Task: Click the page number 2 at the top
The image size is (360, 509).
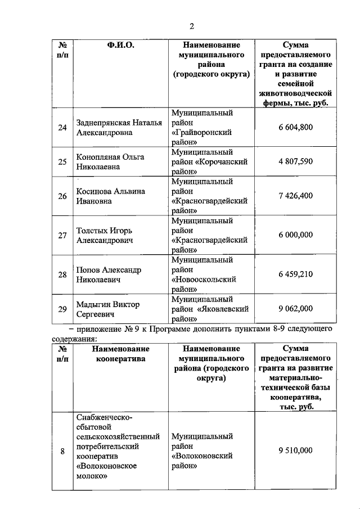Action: (191, 26)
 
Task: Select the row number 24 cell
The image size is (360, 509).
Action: (62, 128)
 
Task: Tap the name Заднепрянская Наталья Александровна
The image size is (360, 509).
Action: (119, 128)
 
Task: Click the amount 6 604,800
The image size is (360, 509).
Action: (295, 128)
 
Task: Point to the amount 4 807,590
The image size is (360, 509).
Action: (295, 162)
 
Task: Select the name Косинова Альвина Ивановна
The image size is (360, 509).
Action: (110, 196)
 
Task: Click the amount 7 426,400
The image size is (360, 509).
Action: (295, 196)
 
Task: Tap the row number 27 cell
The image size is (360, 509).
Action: (62, 235)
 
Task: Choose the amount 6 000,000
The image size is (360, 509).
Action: (295, 235)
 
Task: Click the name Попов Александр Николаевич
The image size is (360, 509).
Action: (109, 274)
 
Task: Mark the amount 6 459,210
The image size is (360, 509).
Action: (295, 274)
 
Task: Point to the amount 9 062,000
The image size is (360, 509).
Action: (295, 309)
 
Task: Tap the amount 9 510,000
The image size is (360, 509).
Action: (295, 451)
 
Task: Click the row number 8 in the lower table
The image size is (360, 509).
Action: (62, 451)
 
